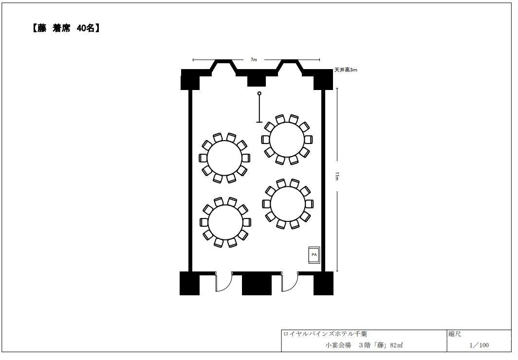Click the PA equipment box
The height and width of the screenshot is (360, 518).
pyautogui.click(x=314, y=255)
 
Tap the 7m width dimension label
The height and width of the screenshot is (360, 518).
pyautogui.click(x=253, y=60)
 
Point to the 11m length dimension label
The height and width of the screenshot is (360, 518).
pyautogui.click(x=337, y=176)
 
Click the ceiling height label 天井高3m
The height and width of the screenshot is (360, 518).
pyautogui.click(x=346, y=70)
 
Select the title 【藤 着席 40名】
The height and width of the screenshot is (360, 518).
pyautogui.click(x=66, y=28)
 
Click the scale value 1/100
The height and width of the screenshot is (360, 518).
pyautogui.click(x=479, y=345)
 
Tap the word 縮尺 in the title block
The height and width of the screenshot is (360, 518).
pyautogui.click(x=455, y=334)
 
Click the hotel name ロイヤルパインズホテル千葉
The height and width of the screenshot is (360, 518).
pyautogui.click(x=325, y=334)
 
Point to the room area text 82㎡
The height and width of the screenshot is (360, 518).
pyautogui.click(x=396, y=345)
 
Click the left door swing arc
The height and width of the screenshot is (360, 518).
pyautogui.click(x=227, y=286)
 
